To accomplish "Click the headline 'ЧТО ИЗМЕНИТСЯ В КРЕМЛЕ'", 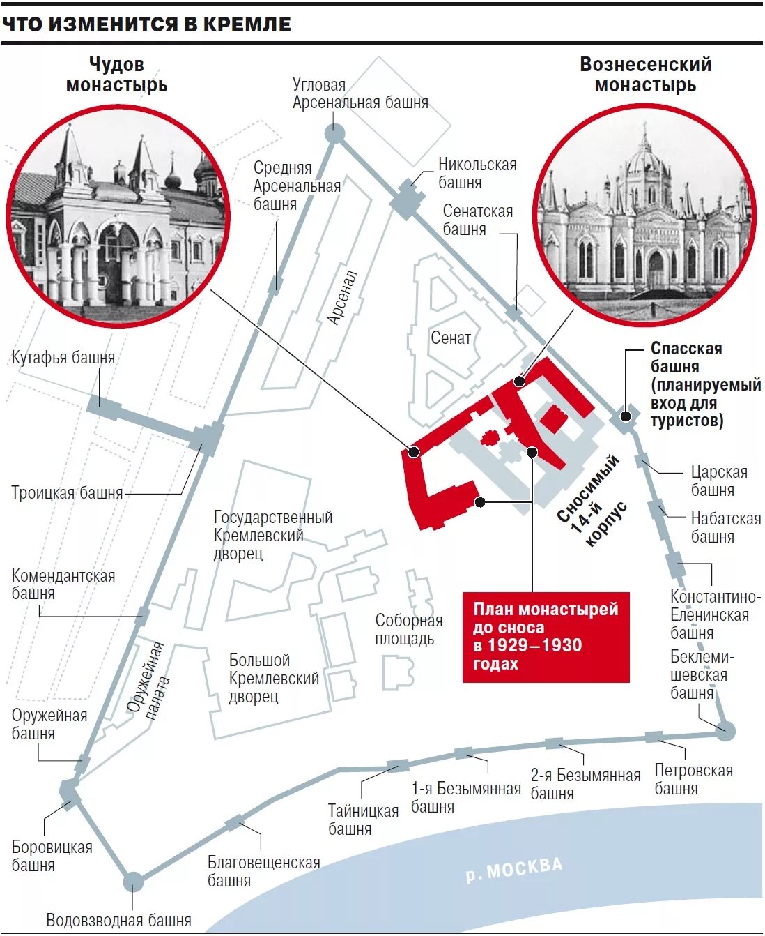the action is (146, 24).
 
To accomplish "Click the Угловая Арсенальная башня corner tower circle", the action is (335, 133).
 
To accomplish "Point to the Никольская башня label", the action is (477, 173).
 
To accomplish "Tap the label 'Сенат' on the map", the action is (451, 338).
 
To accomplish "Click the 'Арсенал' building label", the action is (342, 298).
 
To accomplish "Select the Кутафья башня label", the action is (63, 358).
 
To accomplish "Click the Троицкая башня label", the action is (67, 493).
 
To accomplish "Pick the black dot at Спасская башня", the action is (626, 416).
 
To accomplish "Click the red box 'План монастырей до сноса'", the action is (546, 636).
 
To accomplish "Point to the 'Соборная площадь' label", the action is (409, 629).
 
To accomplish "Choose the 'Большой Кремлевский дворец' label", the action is (274, 678).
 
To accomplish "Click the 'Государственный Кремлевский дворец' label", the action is (273, 535).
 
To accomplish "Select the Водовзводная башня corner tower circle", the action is (133, 882).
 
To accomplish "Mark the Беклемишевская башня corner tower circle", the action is (725, 731).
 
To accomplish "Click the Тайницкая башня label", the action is (363, 820).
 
